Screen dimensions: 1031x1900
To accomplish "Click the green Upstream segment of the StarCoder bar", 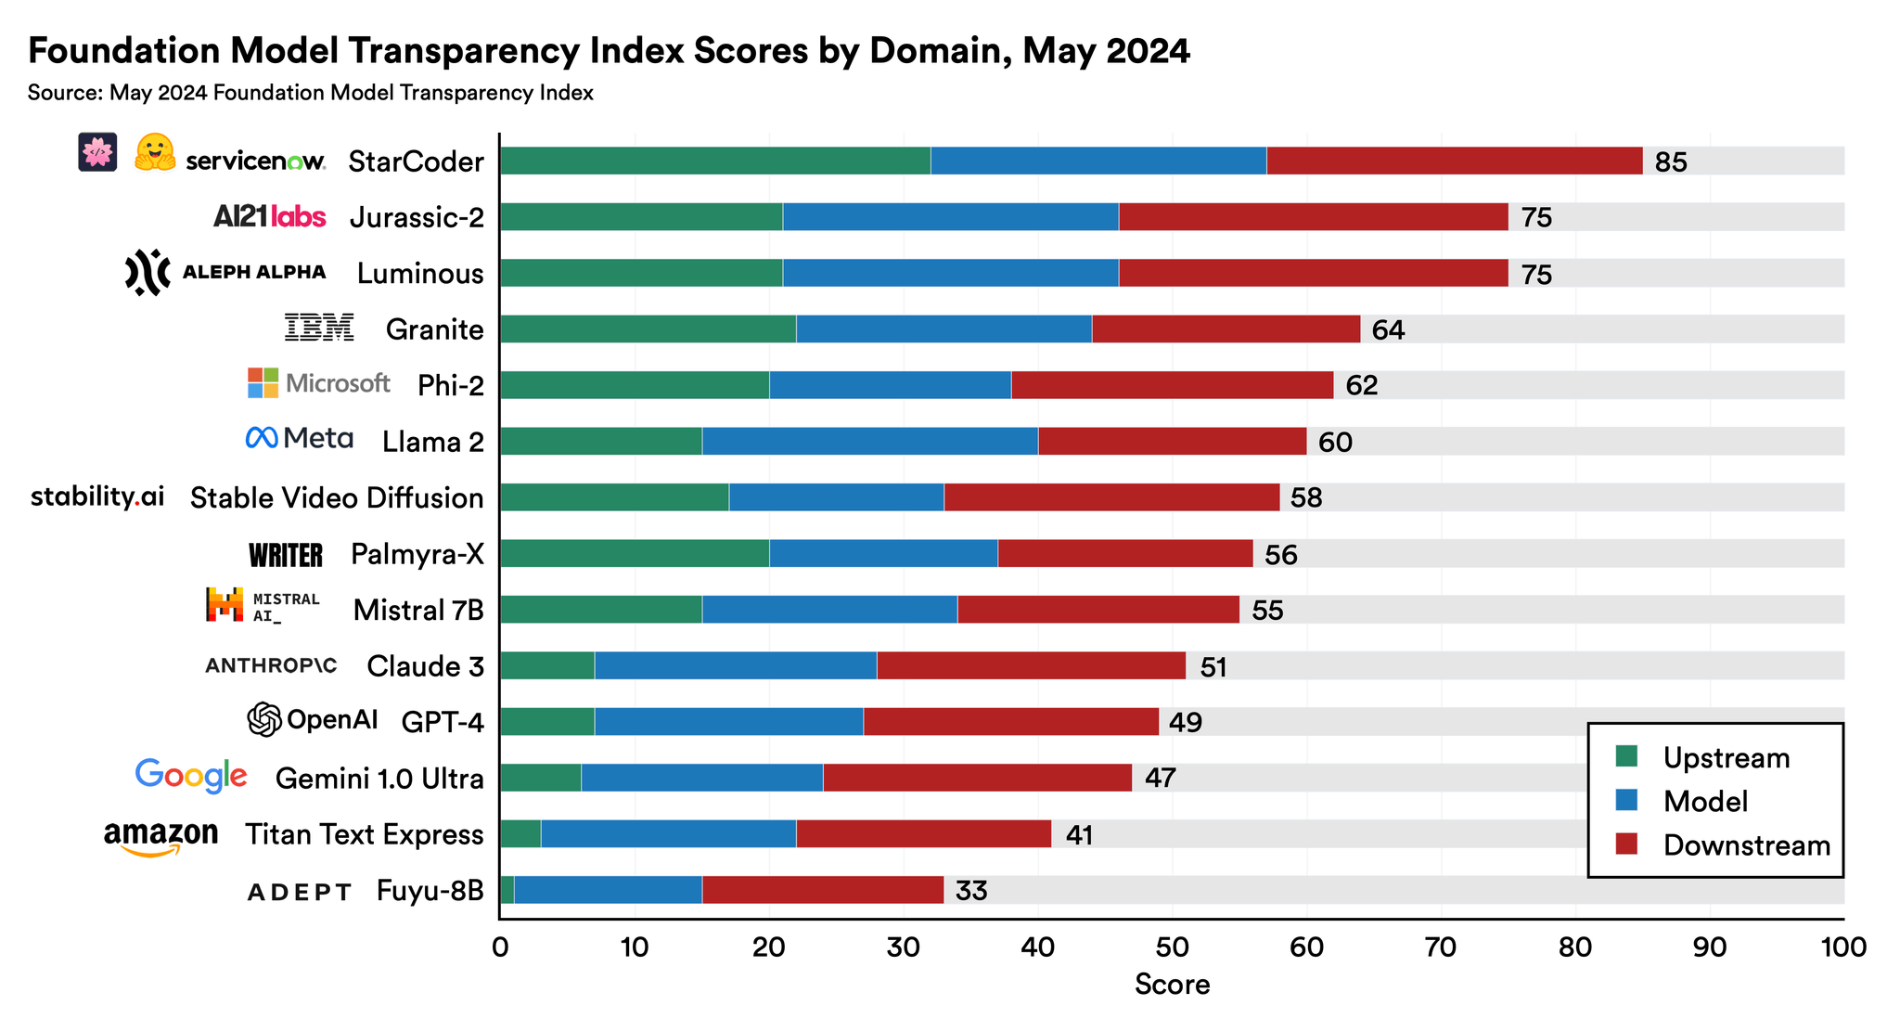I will click(714, 161).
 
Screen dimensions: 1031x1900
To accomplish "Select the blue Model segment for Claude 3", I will click(735, 665).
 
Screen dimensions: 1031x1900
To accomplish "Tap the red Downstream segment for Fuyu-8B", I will click(822, 890).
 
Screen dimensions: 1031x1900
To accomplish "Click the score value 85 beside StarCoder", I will click(1671, 162).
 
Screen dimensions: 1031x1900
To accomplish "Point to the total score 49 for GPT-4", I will click(1185, 722).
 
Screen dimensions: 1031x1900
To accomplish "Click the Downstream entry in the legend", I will click(1746, 845).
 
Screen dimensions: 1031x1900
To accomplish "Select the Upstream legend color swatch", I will click(1626, 756).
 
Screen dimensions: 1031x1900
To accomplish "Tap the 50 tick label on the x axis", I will click(1172, 947).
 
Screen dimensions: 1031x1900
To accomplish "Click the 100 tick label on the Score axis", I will click(1842, 947).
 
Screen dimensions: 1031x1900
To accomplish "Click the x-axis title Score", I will click(1172, 985).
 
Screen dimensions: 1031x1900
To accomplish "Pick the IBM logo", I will click(319, 328).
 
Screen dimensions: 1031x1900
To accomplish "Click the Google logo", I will click(191, 776).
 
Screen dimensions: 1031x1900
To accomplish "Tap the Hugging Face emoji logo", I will click(155, 153).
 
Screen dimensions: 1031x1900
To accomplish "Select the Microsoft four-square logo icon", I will click(263, 382).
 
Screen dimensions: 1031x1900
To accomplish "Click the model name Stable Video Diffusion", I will click(337, 498).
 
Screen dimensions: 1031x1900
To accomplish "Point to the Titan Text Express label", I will click(364, 834).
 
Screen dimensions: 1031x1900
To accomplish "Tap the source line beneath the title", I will click(310, 93).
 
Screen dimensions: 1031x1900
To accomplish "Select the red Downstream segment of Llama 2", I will click(1172, 441).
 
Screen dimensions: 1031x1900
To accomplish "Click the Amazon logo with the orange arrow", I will click(160, 837).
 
